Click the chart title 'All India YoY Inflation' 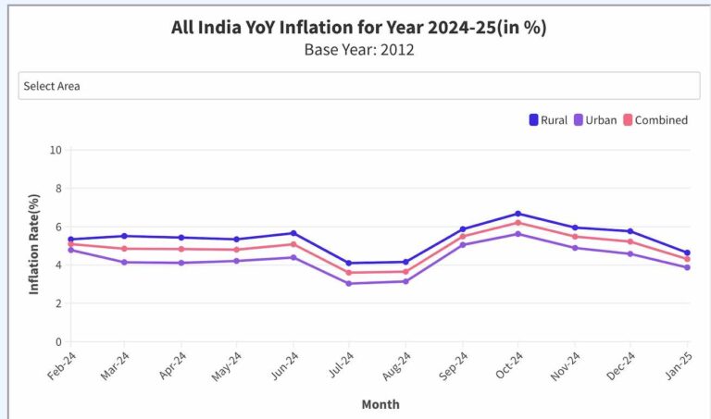[x=358, y=28]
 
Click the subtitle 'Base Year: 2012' [x=358, y=50]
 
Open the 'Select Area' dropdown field [x=358, y=86]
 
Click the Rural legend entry [x=547, y=119]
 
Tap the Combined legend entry [x=655, y=119]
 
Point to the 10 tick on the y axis [x=56, y=150]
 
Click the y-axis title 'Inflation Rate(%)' [x=34, y=244]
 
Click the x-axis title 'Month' [x=380, y=404]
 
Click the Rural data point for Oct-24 [x=518, y=214]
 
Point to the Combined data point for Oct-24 [x=518, y=222]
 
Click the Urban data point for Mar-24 [x=125, y=263]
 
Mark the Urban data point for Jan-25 [x=687, y=267]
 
